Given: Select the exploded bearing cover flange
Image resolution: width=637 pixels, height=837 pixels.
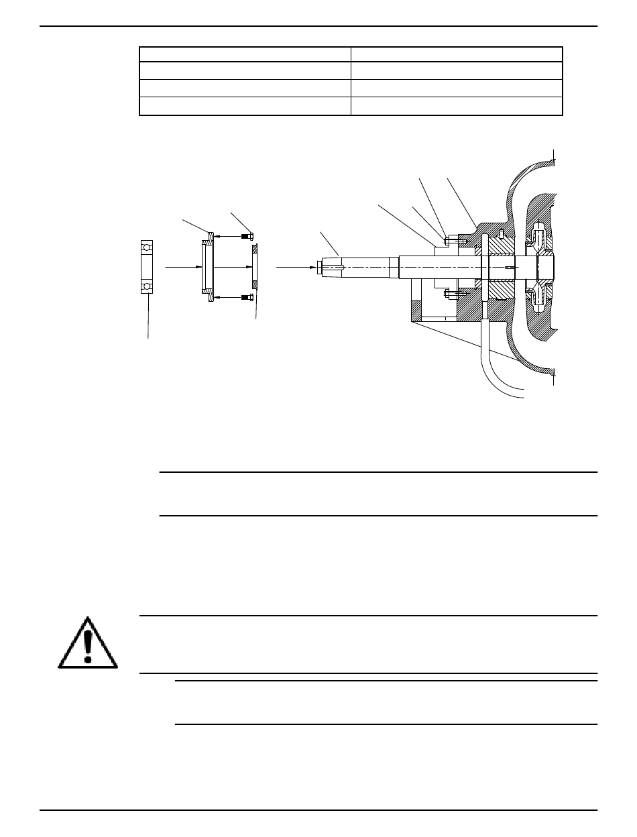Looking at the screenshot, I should [207, 267].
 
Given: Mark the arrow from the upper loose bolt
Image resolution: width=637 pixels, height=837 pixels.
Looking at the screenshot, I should [228, 235].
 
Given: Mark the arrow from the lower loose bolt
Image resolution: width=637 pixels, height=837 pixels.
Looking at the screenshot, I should [228, 297].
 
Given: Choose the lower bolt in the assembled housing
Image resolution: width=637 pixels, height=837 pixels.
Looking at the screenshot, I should [451, 293].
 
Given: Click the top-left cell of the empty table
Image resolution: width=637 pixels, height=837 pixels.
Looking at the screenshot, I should [245, 54].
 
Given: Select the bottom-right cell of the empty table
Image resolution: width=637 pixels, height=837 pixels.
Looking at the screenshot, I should [457, 106].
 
